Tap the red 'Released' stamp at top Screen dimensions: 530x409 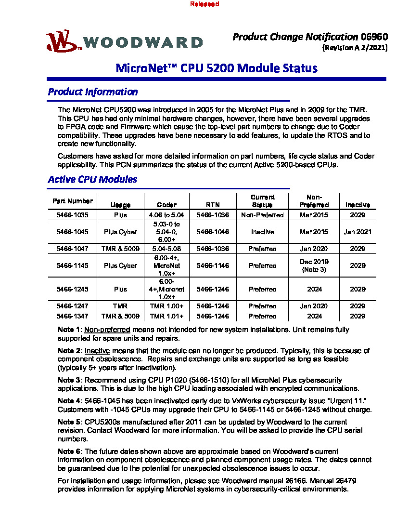[x=204, y=4]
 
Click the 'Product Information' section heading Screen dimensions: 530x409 [x=93, y=92]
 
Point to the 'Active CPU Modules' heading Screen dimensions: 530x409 [x=92, y=179]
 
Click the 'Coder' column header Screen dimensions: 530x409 [x=166, y=205]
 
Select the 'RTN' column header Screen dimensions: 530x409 [x=213, y=205]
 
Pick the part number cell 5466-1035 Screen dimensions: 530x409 [x=72, y=215]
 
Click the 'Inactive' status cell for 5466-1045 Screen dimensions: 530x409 [x=263, y=232]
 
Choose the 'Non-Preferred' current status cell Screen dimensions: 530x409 [x=263, y=215]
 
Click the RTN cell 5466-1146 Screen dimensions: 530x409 [x=213, y=265]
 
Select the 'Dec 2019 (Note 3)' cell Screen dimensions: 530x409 [x=314, y=265]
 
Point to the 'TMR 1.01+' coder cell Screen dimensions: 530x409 [x=166, y=316]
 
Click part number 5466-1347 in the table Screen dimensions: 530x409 [x=72, y=316]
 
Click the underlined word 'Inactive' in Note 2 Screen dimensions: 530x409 [x=97, y=351]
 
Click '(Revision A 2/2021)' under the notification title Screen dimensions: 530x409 [x=355, y=48]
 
